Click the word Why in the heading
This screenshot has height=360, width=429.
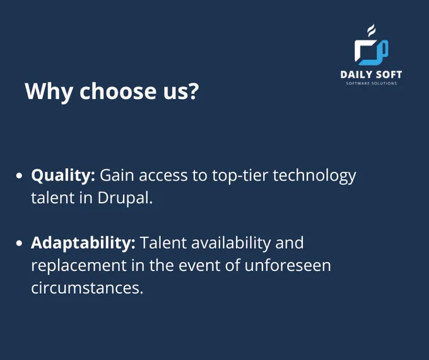[x=49, y=92]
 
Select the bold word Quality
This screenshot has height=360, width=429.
[x=63, y=176]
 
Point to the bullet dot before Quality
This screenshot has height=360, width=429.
[x=19, y=176]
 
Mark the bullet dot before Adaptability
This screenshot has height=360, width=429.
[x=19, y=243]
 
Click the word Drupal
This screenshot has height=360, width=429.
[x=125, y=198]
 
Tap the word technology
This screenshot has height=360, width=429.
[x=314, y=176]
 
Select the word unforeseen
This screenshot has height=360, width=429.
[x=288, y=265]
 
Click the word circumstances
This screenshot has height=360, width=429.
[x=87, y=288]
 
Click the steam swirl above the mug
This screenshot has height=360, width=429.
[x=371, y=30]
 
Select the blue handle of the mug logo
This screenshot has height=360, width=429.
[x=384, y=49]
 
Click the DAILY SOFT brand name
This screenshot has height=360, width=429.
[x=371, y=75]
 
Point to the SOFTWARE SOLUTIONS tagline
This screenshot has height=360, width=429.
[x=371, y=83]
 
